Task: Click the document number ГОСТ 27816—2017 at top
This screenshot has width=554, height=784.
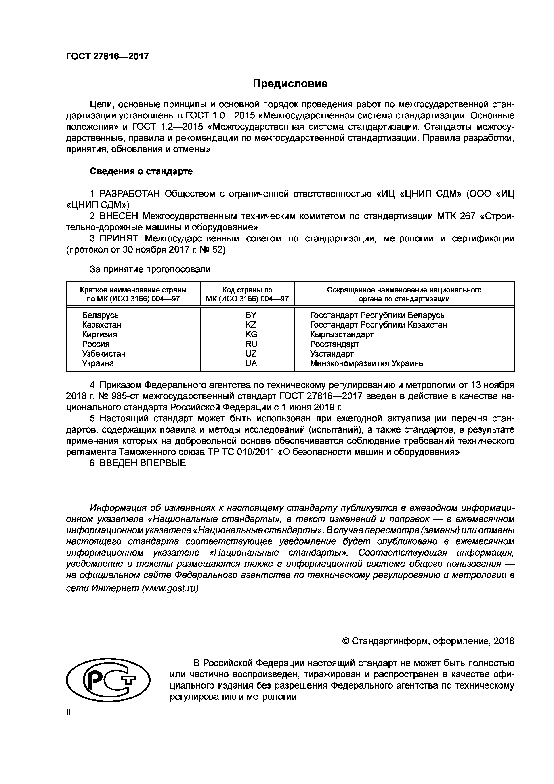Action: tap(107, 56)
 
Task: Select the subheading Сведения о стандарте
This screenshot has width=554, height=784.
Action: tap(141, 171)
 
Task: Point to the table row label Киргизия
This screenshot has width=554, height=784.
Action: tap(99, 334)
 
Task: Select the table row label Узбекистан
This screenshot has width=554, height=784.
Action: tap(104, 354)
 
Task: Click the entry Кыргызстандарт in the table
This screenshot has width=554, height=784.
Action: tap(342, 334)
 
